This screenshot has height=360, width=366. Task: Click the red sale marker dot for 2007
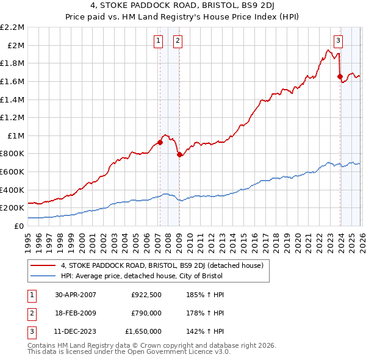(x=160, y=142)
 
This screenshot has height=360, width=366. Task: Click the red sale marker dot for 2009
(x=179, y=154)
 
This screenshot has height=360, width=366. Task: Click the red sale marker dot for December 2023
(x=340, y=76)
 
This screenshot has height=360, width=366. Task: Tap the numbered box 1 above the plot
(x=158, y=41)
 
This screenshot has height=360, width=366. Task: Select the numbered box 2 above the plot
(x=178, y=41)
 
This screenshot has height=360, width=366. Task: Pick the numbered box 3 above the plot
(x=338, y=41)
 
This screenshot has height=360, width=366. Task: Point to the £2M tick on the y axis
(x=16, y=45)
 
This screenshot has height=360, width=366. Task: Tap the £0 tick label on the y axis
(x=19, y=226)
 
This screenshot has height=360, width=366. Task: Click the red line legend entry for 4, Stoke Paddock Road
(x=162, y=265)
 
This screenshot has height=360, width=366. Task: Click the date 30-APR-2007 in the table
(x=76, y=295)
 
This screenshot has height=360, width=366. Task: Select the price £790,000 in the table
(x=146, y=313)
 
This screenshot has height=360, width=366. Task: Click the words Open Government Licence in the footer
(x=177, y=351)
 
